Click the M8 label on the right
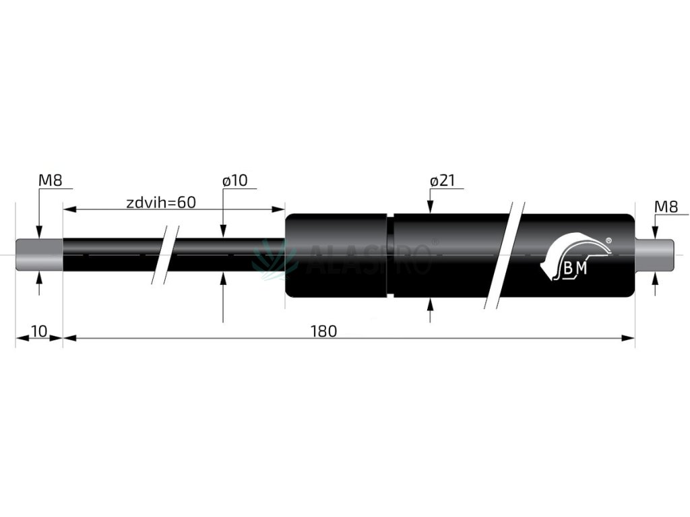(x=666, y=207)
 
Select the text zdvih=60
(x=161, y=202)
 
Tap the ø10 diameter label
(x=234, y=180)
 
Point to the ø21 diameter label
(x=443, y=180)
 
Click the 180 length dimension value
(x=323, y=331)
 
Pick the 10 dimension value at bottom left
(x=38, y=331)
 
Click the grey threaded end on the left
(x=39, y=255)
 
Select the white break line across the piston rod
(x=166, y=254)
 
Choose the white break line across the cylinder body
(x=505, y=254)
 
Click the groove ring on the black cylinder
(x=390, y=255)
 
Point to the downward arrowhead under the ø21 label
(x=429, y=208)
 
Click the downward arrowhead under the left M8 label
(x=39, y=233)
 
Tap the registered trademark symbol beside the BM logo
(x=608, y=240)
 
